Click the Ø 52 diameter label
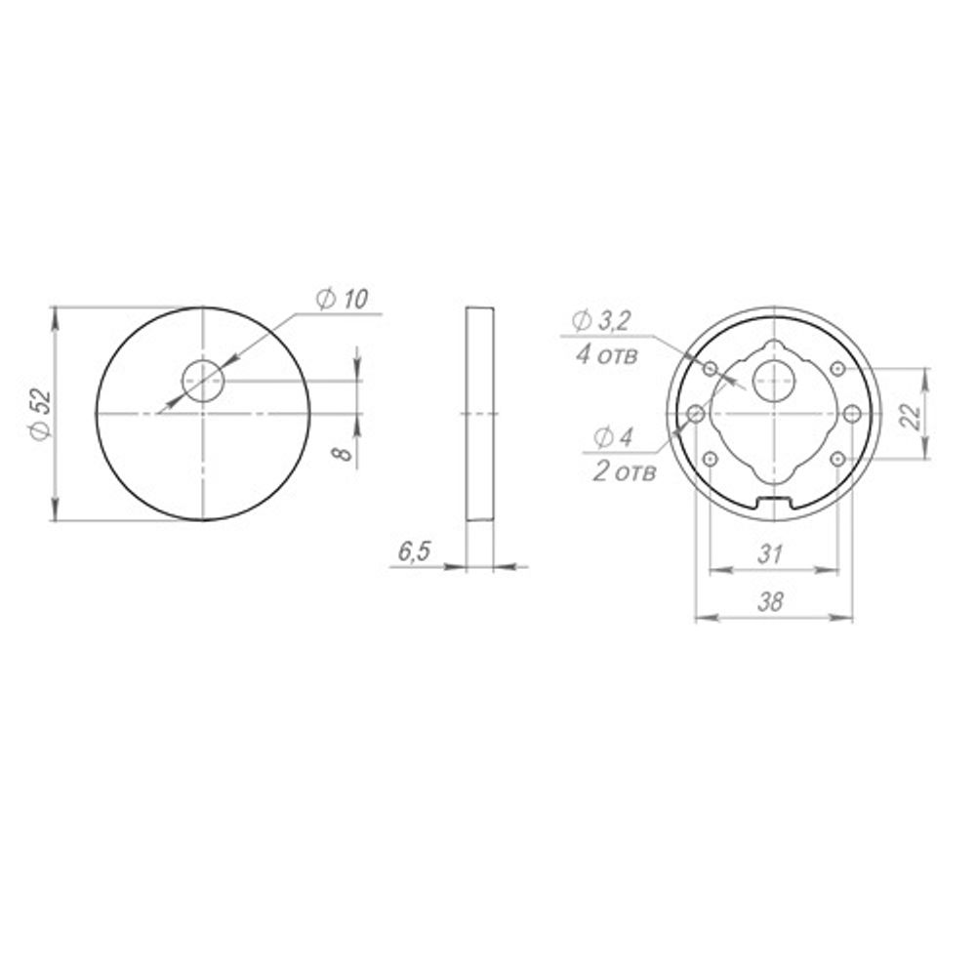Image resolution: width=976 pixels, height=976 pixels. coord(40,414)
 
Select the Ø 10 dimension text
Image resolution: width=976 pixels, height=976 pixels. coord(341,300)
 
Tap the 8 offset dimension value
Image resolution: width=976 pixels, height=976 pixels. coord(343,454)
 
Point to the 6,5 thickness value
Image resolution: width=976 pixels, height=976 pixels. coord(414,551)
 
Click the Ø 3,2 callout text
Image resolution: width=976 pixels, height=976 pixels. coord(601,321)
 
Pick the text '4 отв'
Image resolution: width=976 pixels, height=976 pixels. coord(607,355)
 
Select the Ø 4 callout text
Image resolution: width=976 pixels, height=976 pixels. coord(613,437)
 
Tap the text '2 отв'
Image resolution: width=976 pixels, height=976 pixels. coord(625,471)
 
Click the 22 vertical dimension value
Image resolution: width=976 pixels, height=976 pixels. coord(912,416)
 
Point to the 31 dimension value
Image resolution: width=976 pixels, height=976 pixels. coord(770,553)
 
